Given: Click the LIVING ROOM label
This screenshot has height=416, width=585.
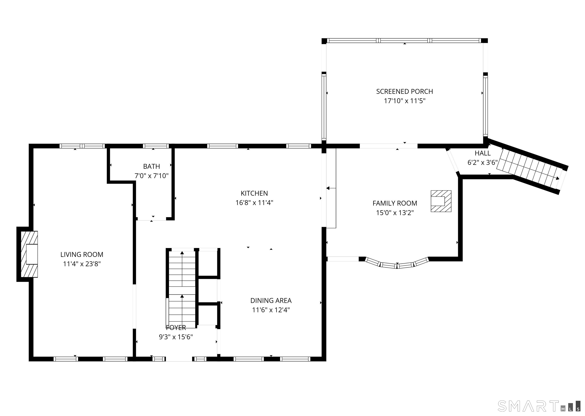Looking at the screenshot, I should tap(82, 254).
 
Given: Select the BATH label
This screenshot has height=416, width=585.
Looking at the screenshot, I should tap(152, 167).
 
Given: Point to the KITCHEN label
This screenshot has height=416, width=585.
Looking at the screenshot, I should tap(254, 193).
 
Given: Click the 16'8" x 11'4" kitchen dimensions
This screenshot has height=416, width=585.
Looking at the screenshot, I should tap(254, 203).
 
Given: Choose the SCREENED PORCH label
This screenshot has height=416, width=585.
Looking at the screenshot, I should tap(404, 92).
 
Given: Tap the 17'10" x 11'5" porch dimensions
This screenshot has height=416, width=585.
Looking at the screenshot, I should tap(404, 101).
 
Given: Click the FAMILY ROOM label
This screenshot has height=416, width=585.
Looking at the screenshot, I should tap(395, 203).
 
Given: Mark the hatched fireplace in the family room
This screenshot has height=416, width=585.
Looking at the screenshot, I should tap(441, 201).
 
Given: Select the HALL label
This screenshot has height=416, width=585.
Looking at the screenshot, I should tap(483, 153).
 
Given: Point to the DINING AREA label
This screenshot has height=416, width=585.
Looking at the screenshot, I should tap(271, 300).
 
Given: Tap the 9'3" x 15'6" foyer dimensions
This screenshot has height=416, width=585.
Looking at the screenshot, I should tap(176, 337).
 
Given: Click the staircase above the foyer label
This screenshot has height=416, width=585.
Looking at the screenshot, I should tap(182, 287).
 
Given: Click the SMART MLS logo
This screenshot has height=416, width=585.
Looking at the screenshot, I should tap(538, 406).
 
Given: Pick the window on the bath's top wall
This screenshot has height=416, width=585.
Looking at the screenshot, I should tap(156, 146).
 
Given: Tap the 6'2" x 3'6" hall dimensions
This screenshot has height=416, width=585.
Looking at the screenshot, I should tap(483, 163).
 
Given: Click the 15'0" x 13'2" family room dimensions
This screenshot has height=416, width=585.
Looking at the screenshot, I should tap(395, 213).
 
